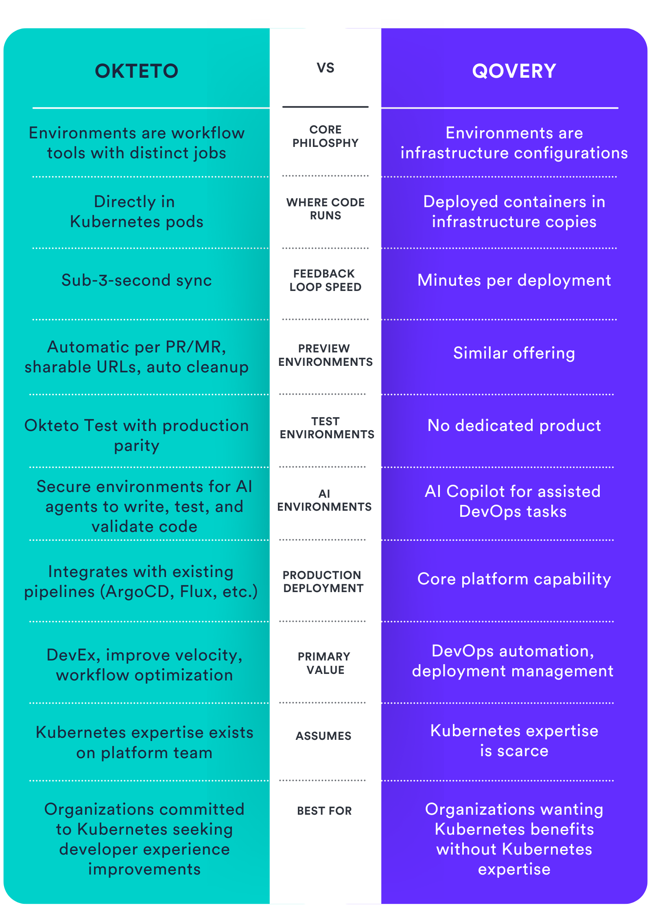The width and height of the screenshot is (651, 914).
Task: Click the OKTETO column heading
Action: click(137, 71)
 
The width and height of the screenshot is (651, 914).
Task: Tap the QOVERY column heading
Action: click(514, 71)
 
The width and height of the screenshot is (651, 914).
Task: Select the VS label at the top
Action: click(325, 68)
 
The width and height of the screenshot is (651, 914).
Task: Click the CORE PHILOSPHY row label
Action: click(325, 136)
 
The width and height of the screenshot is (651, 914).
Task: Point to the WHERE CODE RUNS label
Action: click(325, 209)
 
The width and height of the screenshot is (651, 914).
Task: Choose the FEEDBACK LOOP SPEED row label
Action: click(325, 280)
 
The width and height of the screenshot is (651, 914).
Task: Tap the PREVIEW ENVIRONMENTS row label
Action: click(325, 355)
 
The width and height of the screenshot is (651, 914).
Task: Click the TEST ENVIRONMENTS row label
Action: click(326, 428)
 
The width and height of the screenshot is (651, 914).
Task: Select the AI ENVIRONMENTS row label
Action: click(324, 500)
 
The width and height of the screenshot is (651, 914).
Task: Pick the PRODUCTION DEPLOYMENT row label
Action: click(323, 582)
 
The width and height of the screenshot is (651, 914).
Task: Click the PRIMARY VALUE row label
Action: click(325, 663)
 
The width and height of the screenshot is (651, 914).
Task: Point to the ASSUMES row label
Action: click(323, 736)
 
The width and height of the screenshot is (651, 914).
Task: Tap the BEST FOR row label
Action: click(324, 811)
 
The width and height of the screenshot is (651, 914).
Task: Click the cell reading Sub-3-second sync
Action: click(137, 280)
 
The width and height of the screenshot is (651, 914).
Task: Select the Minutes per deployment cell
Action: click(514, 280)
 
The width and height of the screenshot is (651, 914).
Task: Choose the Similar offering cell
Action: click(514, 353)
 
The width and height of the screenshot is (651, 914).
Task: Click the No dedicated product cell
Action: click(514, 426)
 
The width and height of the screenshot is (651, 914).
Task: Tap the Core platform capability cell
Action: click(514, 579)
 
